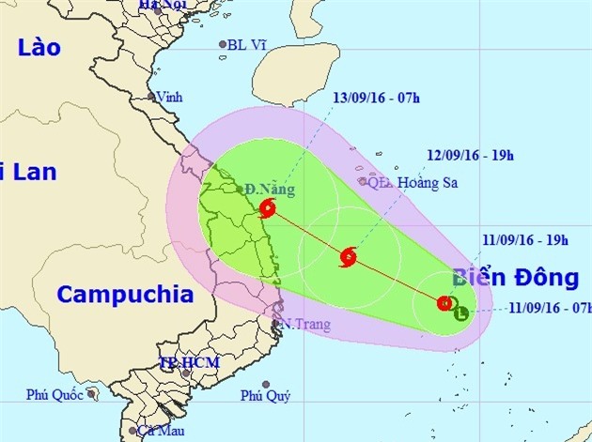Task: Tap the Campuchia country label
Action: (x=125, y=294)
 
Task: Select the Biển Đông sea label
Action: (x=516, y=278)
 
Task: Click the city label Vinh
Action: (x=170, y=97)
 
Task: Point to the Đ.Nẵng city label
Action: (x=270, y=190)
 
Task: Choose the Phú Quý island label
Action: (x=264, y=396)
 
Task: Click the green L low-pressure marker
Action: (x=460, y=313)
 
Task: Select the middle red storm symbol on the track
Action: (x=349, y=255)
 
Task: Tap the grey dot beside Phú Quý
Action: (x=266, y=384)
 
